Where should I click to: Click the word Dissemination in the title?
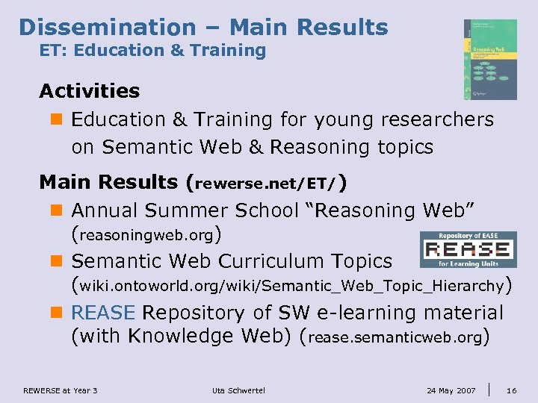click(107, 28)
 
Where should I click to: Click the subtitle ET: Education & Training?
click(152, 51)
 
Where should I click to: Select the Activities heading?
click(90, 91)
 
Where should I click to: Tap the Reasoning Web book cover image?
click(489, 60)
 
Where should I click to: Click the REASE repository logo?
click(468, 250)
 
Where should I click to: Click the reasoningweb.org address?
click(146, 236)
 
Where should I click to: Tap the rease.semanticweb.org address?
click(394, 337)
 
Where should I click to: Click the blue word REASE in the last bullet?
click(103, 313)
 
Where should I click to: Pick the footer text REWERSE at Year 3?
click(61, 390)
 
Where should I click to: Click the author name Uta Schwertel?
click(238, 390)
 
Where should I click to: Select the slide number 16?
click(511, 390)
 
